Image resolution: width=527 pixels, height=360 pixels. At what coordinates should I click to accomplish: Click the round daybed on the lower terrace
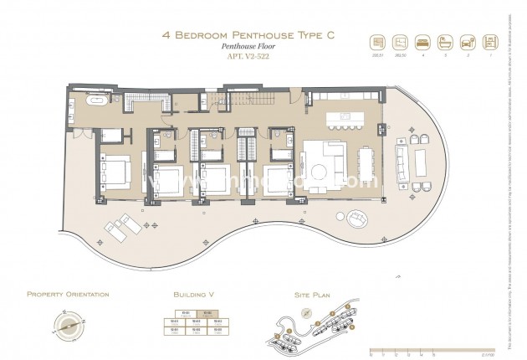click(357, 219)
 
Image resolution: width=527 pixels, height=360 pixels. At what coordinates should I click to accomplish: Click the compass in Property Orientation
click(68, 323)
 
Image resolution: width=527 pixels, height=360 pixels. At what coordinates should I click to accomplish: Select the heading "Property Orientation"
click(68, 295)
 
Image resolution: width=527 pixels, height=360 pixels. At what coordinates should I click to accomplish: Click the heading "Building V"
click(194, 295)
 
